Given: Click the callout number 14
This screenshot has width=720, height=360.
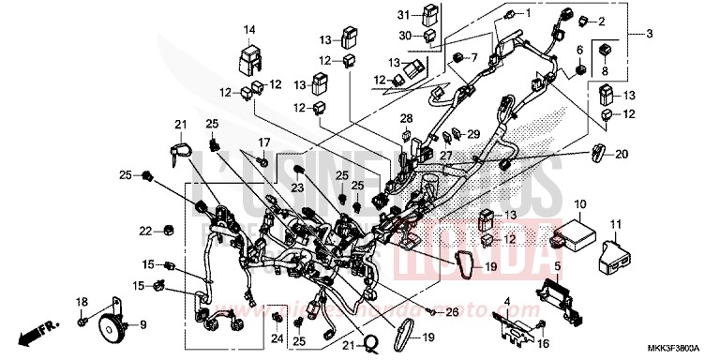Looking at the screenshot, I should pyautogui.click(x=250, y=30).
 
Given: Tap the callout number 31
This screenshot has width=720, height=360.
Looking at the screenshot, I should pyautogui.click(x=404, y=15).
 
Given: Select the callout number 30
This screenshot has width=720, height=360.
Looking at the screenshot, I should pyautogui.click(x=404, y=35).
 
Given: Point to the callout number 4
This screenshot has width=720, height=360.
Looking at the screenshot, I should pyautogui.click(x=507, y=302).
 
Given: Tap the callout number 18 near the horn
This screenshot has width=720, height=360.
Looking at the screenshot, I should pyautogui.click(x=82, y=301).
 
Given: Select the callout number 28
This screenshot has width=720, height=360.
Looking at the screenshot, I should pyautogui.click(x=406, y=117).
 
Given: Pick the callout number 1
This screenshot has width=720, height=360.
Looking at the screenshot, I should pyautogui.click(x=527, y=13).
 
